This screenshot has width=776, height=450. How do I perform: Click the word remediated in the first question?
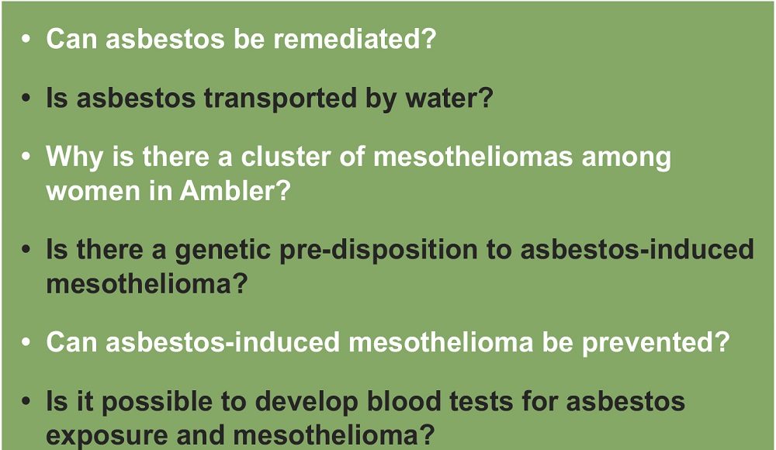click(354, 38)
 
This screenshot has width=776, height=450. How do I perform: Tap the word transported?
click(280, 98)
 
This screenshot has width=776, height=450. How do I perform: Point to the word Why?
click(74, 157)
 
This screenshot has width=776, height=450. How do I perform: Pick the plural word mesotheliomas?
click(473, 157)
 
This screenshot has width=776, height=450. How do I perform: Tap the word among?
click(626, 159)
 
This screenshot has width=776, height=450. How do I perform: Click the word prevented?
click(655, 342)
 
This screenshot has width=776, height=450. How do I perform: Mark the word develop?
click(307, 401)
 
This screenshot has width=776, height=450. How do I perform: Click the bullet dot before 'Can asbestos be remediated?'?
click(26, 39)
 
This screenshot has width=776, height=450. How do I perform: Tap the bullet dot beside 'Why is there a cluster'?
click(26, 157)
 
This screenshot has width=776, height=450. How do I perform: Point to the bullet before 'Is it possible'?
click(26, 401)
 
